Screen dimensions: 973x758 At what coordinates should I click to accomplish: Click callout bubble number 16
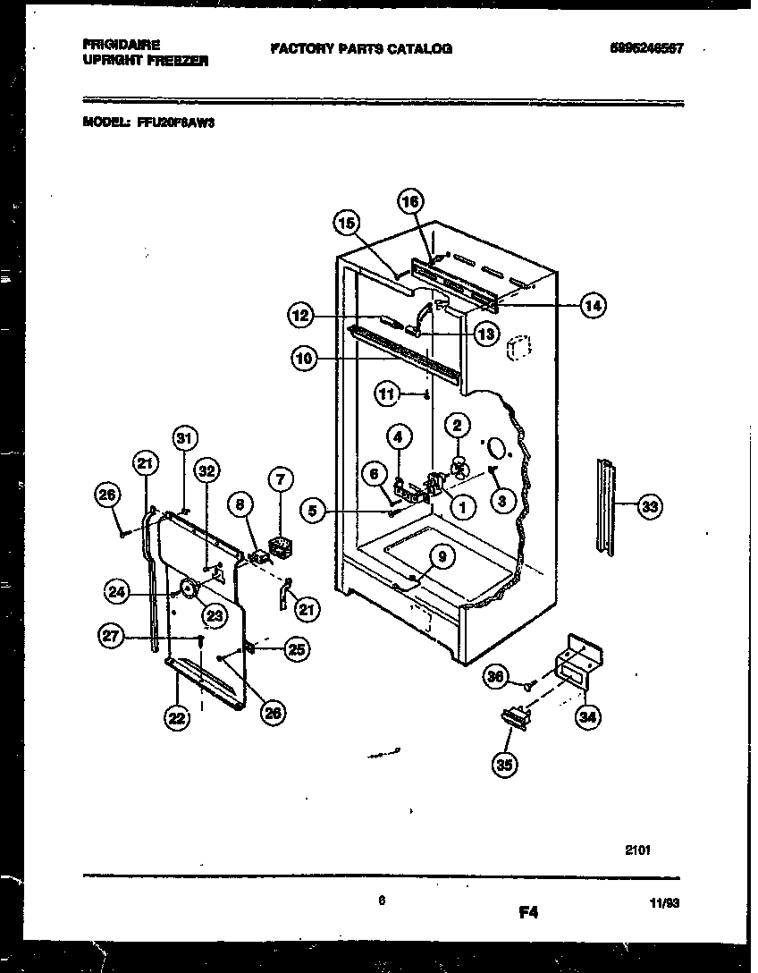[410, 202]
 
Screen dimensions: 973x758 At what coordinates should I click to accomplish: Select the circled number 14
[593, 306]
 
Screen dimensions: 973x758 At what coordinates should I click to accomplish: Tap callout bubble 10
[304, 360]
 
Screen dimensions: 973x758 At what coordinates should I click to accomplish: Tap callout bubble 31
[184, 438]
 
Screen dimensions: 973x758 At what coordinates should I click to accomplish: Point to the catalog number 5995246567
[641, 48]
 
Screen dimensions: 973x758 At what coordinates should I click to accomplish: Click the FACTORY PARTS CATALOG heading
[360, 48]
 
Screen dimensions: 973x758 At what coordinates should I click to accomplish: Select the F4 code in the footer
[528, 913]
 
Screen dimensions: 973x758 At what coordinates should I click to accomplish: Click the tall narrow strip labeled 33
[607, 507]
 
